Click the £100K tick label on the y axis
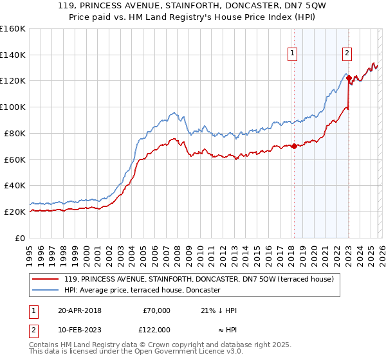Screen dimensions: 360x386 tap(13, 107)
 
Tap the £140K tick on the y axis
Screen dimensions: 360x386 tap(13, 55)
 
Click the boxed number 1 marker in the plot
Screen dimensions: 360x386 tap(293, 53)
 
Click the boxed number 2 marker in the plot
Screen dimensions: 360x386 tap(347, 53)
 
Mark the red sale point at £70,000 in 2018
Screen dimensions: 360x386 tap(294, 146)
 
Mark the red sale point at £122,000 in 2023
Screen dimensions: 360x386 tap(349, 78)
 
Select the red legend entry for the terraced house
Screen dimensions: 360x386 tap(199, 279)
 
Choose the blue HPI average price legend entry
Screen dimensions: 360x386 tap(142, 291)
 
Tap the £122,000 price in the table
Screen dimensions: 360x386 tap(156, 330)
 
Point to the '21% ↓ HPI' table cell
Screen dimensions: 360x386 tap(219, 310)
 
